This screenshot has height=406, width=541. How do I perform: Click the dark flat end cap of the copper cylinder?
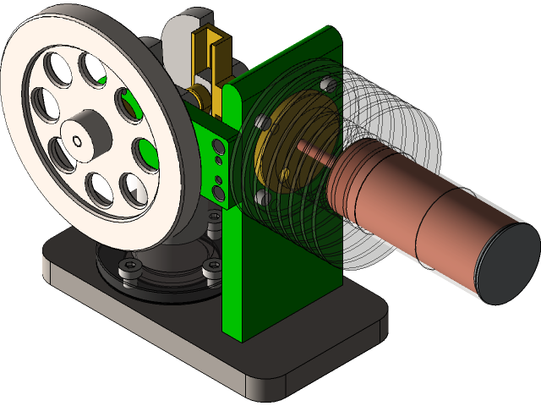pyautogui.click(x=507, y=266)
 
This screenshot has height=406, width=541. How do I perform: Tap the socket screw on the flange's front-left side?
pyautogui.click(x=129, y=268)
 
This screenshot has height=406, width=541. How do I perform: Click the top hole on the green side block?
pyautogui.click(x=218, y=145)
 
